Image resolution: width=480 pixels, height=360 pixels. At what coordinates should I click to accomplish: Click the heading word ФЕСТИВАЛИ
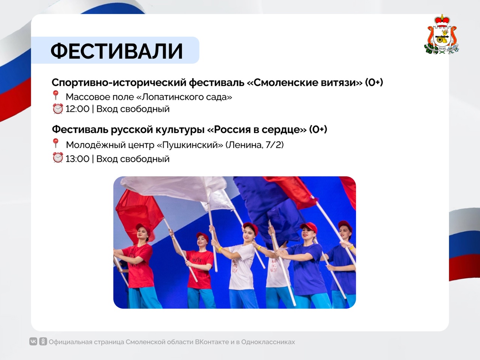117,51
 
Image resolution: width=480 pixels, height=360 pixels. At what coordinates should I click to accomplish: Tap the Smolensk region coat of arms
441,34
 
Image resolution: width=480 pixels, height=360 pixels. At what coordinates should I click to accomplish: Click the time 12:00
77,109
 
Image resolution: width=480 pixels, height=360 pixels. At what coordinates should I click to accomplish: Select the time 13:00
77,159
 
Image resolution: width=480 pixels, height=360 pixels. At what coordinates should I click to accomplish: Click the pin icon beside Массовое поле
55,96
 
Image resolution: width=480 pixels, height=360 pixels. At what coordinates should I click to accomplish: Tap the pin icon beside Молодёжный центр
55,144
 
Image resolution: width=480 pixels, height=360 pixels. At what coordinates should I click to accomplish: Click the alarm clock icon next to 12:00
58,109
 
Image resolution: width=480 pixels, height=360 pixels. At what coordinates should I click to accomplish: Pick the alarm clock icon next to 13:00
58,157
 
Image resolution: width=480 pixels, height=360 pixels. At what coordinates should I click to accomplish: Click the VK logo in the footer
33,341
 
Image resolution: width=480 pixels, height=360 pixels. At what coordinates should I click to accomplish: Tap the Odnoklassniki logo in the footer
43,341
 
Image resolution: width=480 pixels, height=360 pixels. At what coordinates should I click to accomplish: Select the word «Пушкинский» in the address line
190,145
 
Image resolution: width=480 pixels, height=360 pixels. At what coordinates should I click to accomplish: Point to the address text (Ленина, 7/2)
255,145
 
